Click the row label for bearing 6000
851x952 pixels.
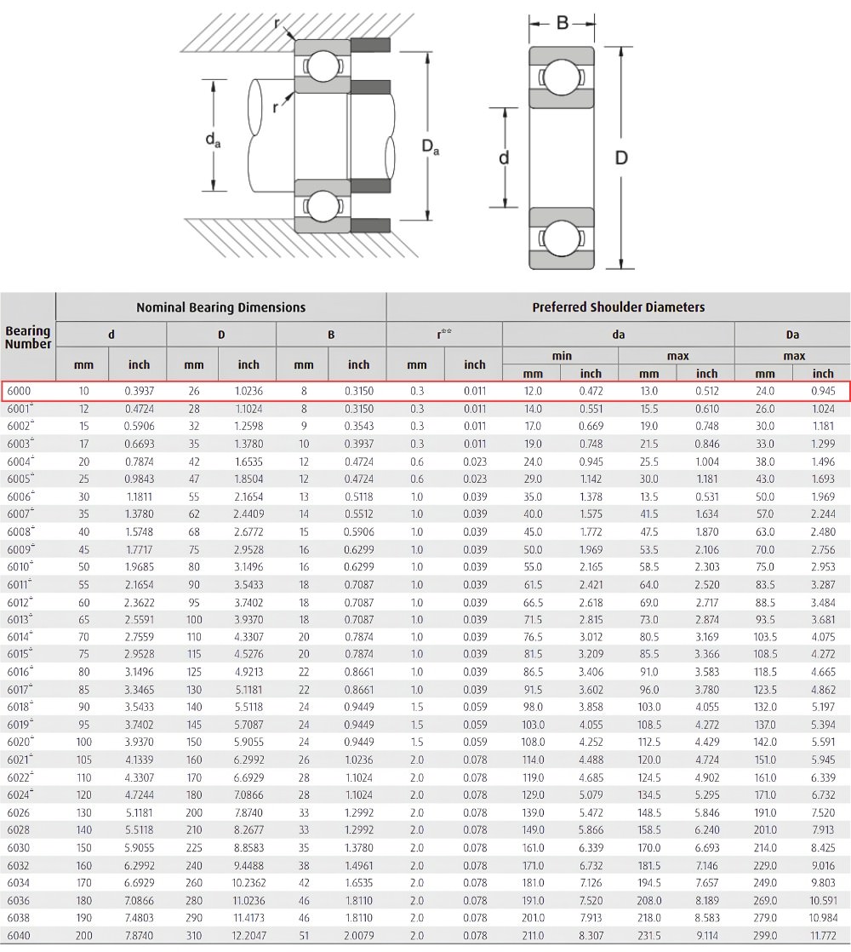pos(19,391)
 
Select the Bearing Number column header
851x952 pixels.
pos(28,337)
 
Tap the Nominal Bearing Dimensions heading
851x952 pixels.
pos(220,307)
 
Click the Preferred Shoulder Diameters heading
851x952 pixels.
pos(618,307)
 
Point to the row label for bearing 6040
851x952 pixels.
pos(19,936)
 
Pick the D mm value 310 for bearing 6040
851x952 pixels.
pos(194,936)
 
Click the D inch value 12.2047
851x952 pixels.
pos(248,936)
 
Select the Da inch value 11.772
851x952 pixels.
pos(823,936)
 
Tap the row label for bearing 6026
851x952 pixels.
pos(19,812)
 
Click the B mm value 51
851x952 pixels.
pos(304,936)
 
